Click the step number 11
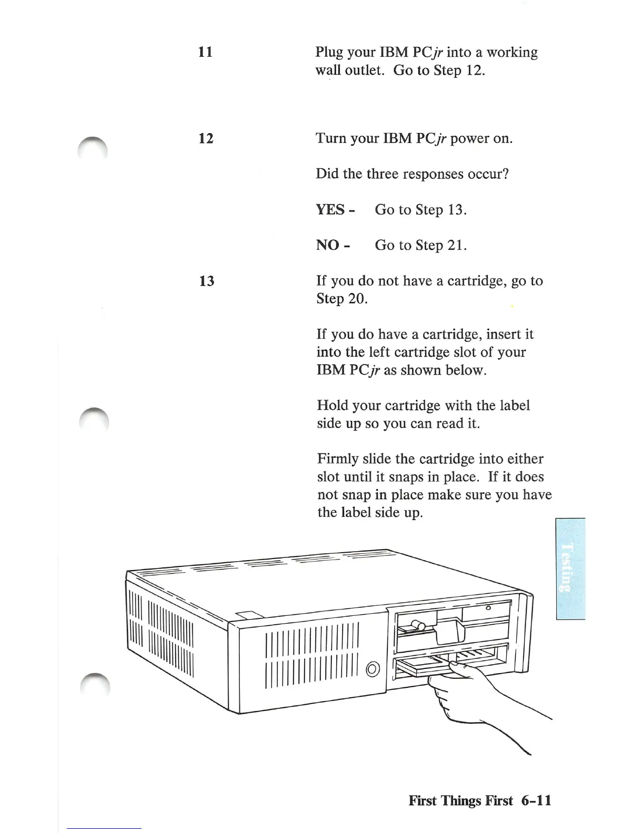tap(205, 52)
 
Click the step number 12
tap(206, 138)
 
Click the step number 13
tap(207, 281)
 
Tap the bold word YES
tap(330, 209)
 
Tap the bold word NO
tap(328, 245)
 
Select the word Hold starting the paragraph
tap(333, 405)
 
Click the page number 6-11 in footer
tap(536, 800)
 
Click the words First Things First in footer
tap(460, 800)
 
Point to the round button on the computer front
tap(373, 669)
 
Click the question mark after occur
tap(506, 174)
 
